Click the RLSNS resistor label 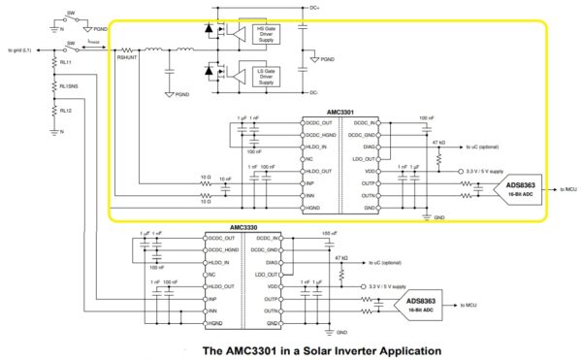tap(69, 96)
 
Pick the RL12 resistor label tap(66, 122)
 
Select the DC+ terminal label tap(314, 8)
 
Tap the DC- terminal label tap(314, 92)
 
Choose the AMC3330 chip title tap(244, 228)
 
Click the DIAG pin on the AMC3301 tap(369, 147)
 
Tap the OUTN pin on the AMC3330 tap(274, 311)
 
